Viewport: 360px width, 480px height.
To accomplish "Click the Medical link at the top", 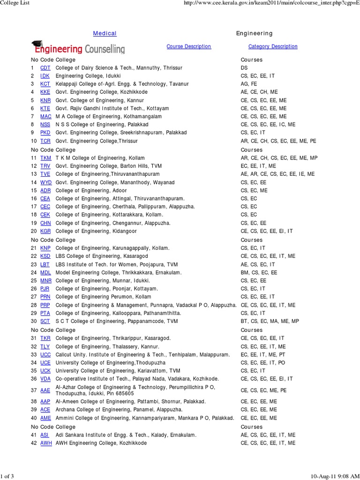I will tap(105, 33).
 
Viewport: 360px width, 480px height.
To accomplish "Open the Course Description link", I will tap(188, 46).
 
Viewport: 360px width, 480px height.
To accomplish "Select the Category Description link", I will tap(272, 46).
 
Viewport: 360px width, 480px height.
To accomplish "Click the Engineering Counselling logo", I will tap(78, 48).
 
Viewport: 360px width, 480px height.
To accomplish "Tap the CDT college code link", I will tap(45, 68).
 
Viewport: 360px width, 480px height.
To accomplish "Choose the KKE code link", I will tap(45, 92).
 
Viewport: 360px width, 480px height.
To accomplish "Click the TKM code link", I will tap(46, 158).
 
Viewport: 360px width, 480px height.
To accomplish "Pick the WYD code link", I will tap(46, 182).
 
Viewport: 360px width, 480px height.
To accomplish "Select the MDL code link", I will tap(45, 272).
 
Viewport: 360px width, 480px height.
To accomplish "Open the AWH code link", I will tap(46, 443).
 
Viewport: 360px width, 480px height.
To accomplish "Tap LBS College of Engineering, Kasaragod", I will tap(101, 256).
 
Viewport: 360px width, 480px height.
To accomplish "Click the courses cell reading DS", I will tap(244, 68).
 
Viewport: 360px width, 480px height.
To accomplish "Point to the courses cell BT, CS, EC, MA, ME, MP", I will tap(270, 321).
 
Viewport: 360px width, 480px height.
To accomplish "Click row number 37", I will tap(34, 390).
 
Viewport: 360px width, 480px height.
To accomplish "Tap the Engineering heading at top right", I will tap(254, 33).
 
